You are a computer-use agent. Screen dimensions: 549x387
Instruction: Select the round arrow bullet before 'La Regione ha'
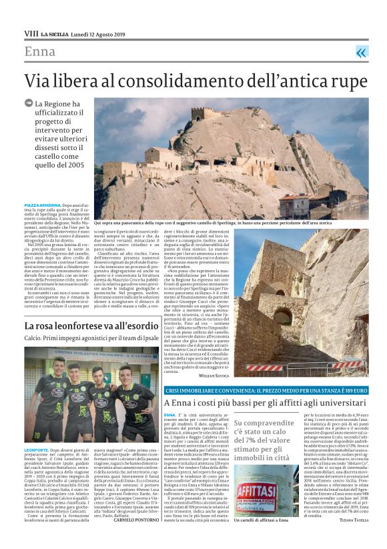(x=28, y=103)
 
